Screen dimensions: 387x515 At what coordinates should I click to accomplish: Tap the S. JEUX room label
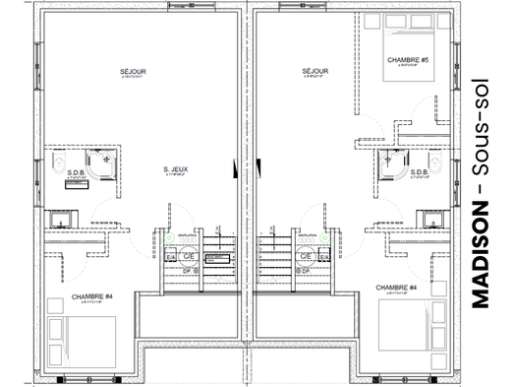click(177, 168)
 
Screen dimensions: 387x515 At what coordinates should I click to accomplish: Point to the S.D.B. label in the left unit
click(75, 169)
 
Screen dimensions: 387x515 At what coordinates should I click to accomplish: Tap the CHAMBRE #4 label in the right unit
click(401, 288)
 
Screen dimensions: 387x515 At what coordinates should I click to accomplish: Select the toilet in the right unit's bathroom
click(432, 160)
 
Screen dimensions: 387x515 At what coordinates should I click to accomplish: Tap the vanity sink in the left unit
click(61, 211)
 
